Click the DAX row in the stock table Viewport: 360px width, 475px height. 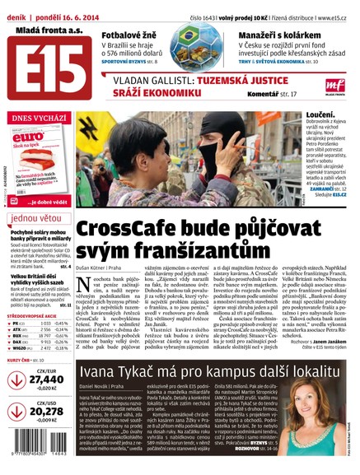(x=18, y=340)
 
